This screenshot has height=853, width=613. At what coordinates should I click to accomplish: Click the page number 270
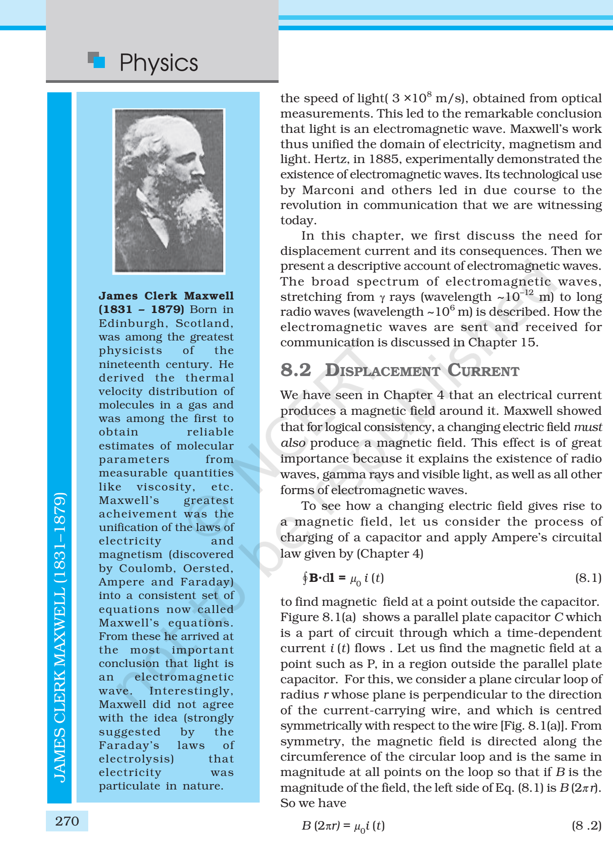67,821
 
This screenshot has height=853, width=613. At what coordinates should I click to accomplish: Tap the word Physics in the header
158,63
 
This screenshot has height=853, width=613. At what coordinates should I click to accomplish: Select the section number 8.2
296,370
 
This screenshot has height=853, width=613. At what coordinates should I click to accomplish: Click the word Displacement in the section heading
383,371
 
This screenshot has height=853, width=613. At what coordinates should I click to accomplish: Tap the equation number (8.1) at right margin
588,578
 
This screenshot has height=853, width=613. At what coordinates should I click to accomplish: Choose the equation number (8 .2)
586,826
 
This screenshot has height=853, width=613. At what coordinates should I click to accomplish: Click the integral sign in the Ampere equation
305,577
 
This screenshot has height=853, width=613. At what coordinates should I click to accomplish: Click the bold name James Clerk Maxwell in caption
166,296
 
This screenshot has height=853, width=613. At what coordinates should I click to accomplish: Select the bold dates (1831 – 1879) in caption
141,309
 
